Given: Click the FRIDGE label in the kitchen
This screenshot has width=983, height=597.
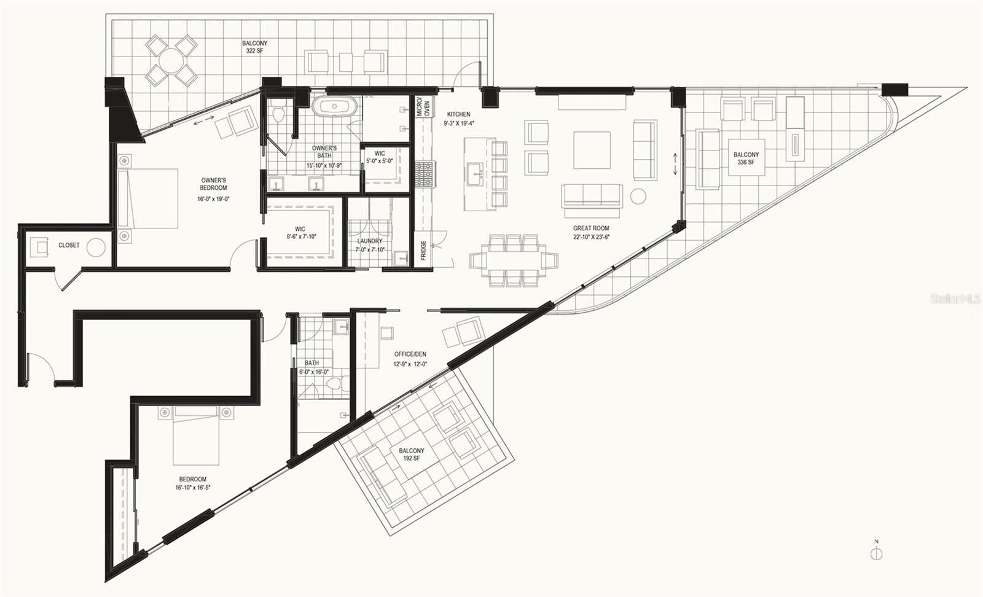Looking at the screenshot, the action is pyautogui.click(x=423, y=250).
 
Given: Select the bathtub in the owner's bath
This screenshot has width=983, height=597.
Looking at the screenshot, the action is pyautogui.click(x=334, y=107).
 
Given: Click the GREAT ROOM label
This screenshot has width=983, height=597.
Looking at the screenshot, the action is pyautogui.click(x=590, y=228).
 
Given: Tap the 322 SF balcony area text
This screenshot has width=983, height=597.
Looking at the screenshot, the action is pyautogui.click(x=254, y=51).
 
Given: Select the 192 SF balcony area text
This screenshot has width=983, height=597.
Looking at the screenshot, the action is pyautogui.click(x=412, y=458).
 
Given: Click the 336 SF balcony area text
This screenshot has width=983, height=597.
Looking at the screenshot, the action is pyautogui.click(x=746, y=162).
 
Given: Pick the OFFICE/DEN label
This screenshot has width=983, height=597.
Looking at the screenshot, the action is pyautogui.click(x=410, y=354).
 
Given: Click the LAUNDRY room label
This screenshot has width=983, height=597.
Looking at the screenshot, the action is pyautogui.click(x=369, y=241).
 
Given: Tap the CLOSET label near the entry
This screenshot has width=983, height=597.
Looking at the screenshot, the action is pyautogui.click(x=69, y=245).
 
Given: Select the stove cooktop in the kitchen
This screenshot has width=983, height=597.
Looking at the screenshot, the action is pyautogui.click(x=424, y=174).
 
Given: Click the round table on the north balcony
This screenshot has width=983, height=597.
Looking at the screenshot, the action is pyautogui.click(x=171, y=61).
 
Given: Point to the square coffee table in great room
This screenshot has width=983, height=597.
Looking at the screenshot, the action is pyautogui.click(x=592, y=150).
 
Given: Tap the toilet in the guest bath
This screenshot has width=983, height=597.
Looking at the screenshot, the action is pyautogui.click(x=336, y=383).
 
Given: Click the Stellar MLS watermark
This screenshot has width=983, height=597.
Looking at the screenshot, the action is pyautogui.click(x=955, y=298).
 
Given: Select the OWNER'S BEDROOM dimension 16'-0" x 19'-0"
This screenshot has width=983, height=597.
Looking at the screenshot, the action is pyautogui.click(x=213, y=199).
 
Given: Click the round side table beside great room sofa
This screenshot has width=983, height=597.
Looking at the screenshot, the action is pyautogui.click(x=638, y=196).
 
